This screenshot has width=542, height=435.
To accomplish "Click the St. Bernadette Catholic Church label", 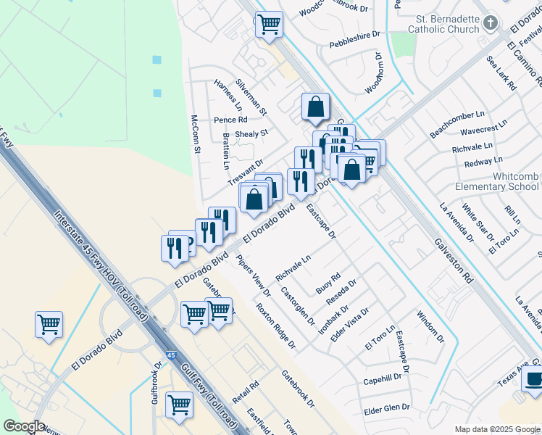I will (443, 23).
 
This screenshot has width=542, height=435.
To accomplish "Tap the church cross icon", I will (491, 23).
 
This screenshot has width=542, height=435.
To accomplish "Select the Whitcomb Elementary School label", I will (496, 181).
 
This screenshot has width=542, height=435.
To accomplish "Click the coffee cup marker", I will (534, 378).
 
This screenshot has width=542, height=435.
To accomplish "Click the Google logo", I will (23, 426).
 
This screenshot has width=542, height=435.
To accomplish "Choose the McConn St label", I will (195, 133).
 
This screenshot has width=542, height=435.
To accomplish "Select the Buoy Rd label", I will (328, 283).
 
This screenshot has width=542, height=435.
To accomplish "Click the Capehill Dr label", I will (382, 378).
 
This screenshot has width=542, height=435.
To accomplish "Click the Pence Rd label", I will (230, 120).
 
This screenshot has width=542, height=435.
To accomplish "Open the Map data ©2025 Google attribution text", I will (496, 429).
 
